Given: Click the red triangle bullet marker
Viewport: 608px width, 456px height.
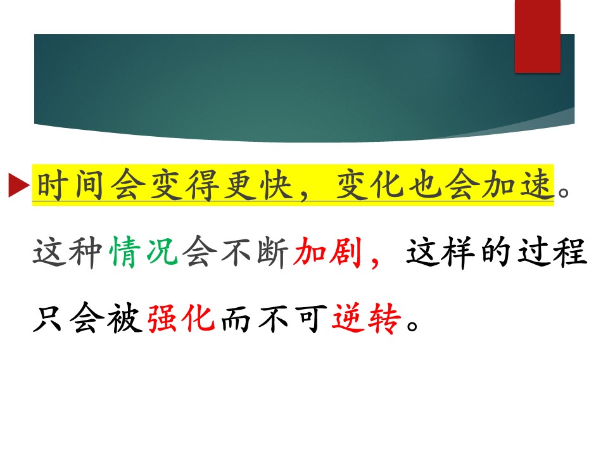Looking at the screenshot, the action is [18, 185].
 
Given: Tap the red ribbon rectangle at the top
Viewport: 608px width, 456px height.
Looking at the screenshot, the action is [538, 36].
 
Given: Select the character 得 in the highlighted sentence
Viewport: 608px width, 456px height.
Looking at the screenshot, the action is [202, 185].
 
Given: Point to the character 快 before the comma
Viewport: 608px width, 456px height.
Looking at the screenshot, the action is [276, 185].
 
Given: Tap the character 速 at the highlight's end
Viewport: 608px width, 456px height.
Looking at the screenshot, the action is [536, 185].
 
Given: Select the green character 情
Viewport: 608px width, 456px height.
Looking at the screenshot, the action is [124, 252].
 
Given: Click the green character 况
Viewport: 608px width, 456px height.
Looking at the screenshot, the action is [161, 252].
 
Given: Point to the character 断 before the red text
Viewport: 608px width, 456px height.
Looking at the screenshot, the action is [273, 252].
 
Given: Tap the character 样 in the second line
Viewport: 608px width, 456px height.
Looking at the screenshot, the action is [460, 252].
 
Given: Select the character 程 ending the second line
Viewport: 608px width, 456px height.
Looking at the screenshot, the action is [571, 252].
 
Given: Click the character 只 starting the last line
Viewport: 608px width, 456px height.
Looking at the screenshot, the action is [48, 319].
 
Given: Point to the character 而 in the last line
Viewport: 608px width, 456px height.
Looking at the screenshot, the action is [236, 319].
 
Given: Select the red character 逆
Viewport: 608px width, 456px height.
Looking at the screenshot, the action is [348, 319].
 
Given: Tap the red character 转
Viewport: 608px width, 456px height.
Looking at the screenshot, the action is [384, 319].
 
